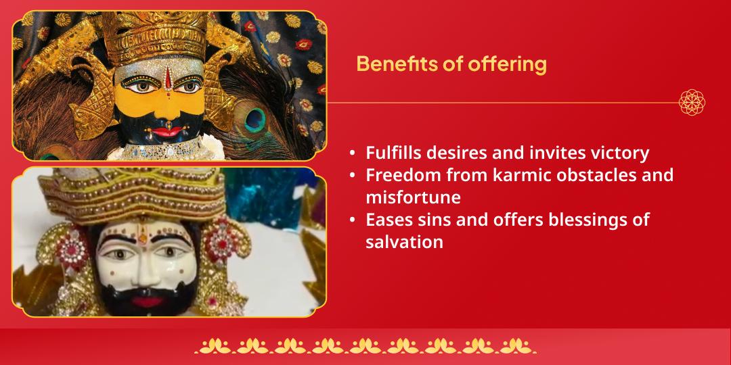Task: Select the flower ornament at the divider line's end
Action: [x=692, y=103]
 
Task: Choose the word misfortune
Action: [x=413, y=197]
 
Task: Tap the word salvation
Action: [x=404, y=242]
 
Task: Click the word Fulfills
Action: [x=393, y=153]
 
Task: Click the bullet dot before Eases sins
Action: [x=353, y=220]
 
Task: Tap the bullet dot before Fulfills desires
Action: [x=353, y=153]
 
